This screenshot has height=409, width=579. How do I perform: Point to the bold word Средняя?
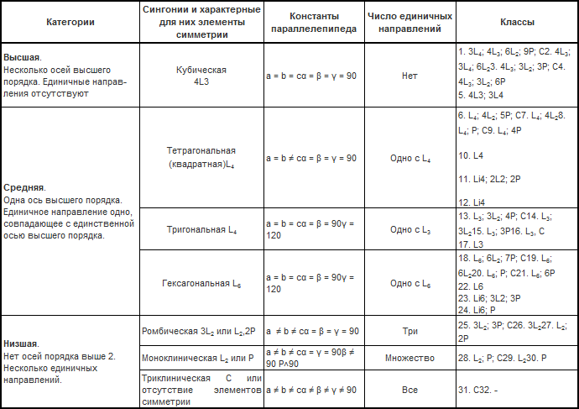coord(25,187)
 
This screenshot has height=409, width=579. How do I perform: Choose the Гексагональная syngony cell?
coord(198,284)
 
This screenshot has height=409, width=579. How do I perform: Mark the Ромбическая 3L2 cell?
coord(198,331)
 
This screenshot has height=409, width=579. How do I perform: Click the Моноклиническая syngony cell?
coord(198,359)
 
